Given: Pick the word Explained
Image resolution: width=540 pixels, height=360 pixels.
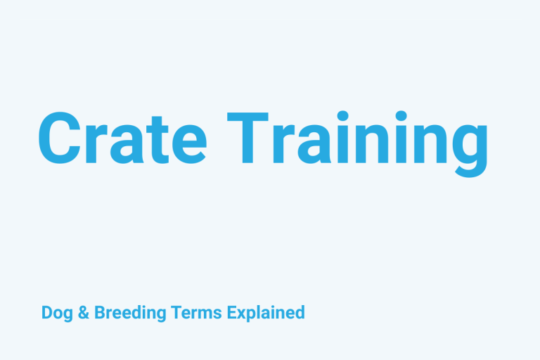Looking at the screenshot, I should point(266,312).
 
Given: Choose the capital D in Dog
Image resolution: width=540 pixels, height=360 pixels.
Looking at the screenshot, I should point(46,312).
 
